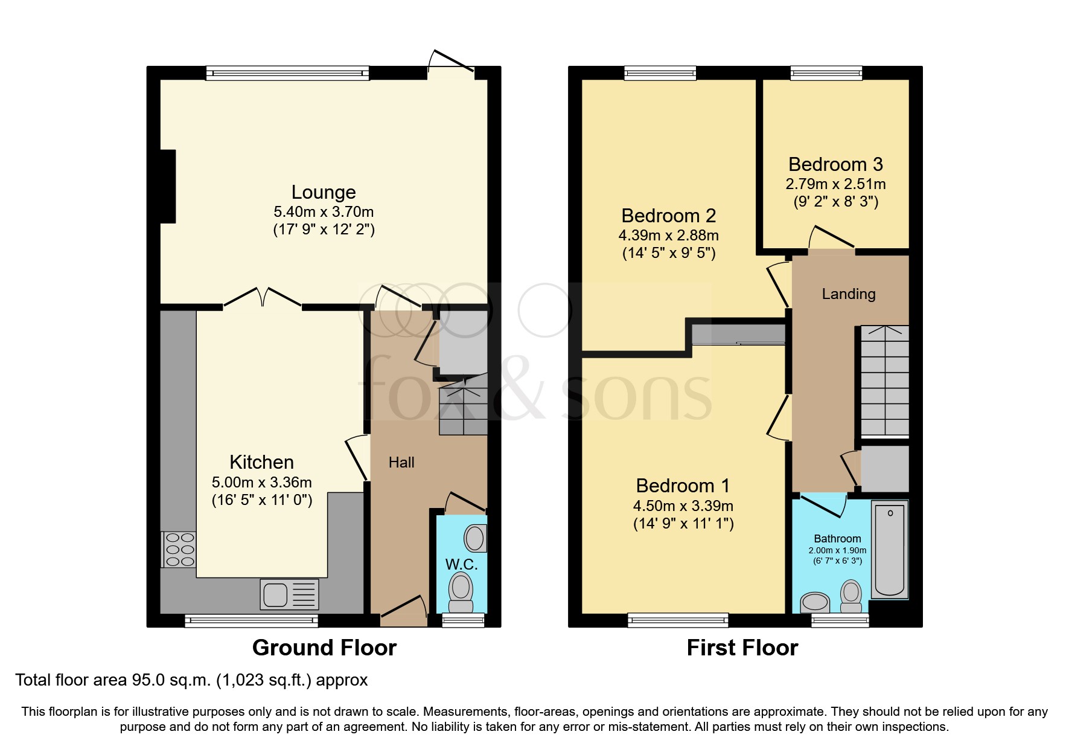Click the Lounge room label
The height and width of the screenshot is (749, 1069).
(x=324, y=192)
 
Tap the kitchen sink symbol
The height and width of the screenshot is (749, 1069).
(x=289, y=594)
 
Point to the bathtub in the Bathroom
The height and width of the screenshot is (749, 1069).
(x=890, y=550)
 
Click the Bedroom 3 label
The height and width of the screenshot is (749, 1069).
(x=835, y=164)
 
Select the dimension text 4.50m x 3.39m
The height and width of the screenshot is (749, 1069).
(x=683, y=506)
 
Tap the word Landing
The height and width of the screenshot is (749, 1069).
(x=848, y=294)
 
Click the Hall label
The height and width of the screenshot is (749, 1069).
(x=401, y=463)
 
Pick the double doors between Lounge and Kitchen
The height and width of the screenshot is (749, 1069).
(x=263, y=298)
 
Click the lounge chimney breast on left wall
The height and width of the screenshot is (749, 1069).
(x=167, y=187)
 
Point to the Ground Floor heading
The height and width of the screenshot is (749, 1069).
(x=324, y=648)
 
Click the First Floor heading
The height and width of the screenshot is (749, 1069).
(x=742, y=648)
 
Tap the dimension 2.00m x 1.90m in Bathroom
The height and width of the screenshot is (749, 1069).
(x=837, y=550)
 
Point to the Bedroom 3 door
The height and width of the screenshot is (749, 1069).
(x=831, y=239)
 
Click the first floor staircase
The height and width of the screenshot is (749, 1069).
(x=884, y=381)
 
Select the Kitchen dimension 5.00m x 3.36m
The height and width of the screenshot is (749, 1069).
(x=261, y=483)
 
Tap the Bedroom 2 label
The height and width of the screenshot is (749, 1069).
(x=668, y=216)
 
